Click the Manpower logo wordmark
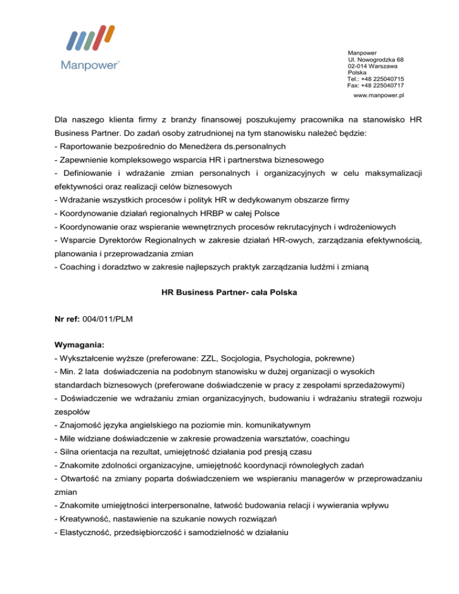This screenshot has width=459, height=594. tap(90, 65)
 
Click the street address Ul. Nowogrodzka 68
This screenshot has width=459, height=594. tap(375, 60)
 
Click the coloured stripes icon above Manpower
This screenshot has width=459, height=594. tap(90, 39)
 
